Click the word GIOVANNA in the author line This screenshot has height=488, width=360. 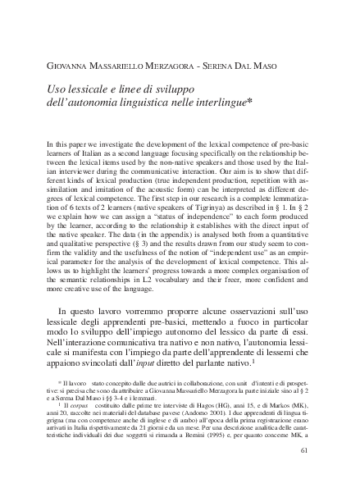(x=71, y=65)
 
